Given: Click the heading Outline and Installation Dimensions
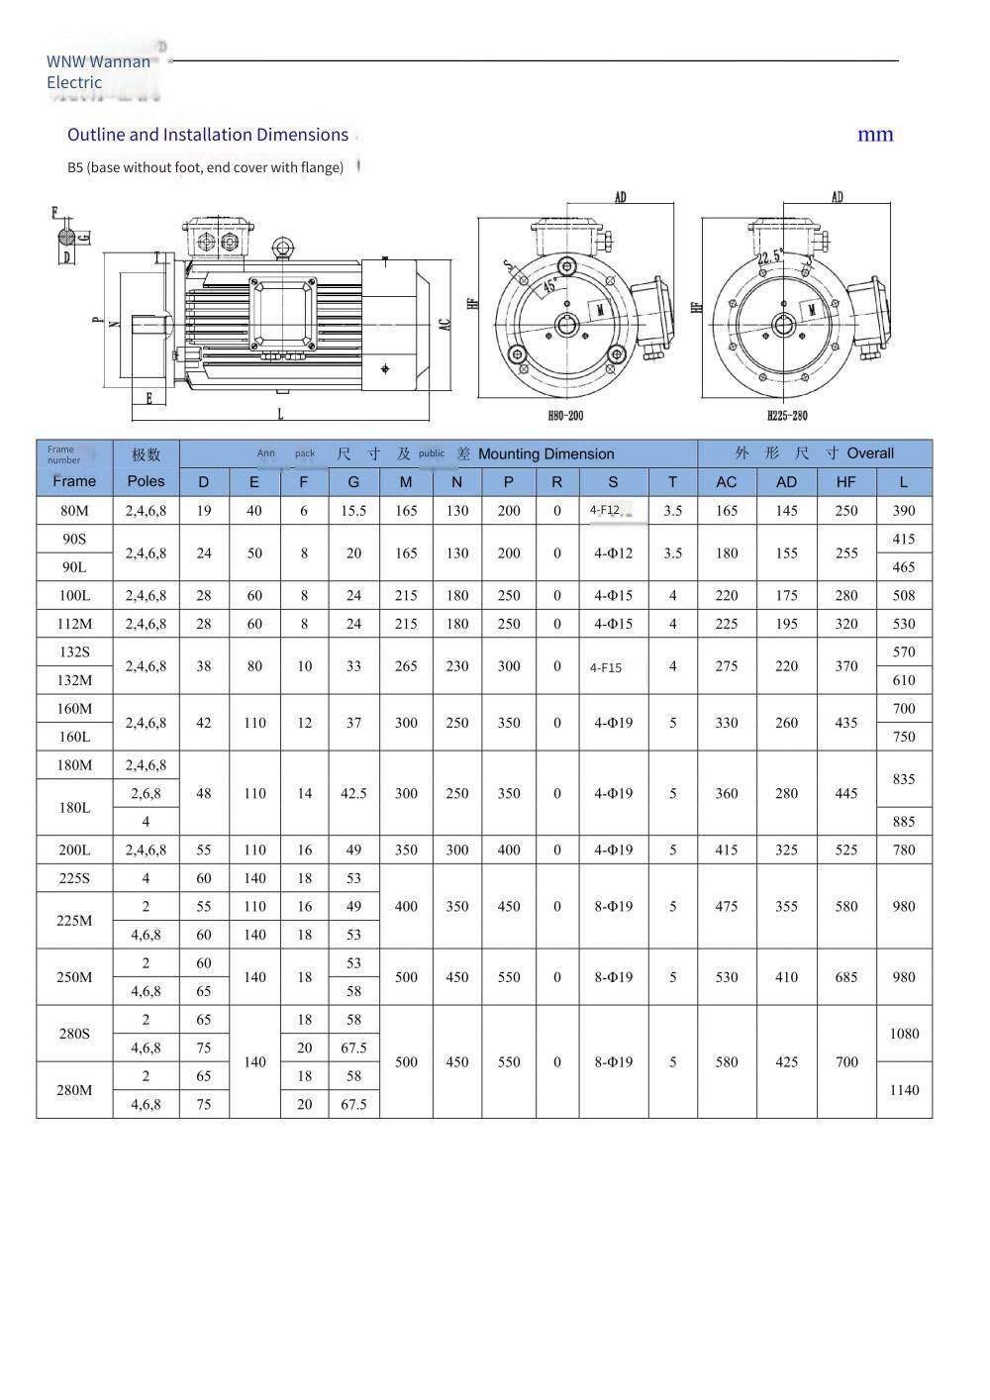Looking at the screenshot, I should (208, 135).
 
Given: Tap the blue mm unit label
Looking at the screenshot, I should (875, 135).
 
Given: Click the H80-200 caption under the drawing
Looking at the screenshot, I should (565, 416).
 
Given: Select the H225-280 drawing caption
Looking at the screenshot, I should (787, 416).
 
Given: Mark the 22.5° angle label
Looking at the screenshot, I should (769, 259).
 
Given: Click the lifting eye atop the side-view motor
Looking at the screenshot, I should (283, 247).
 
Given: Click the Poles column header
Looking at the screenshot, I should (147, 481).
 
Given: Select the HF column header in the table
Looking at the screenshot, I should (846, 482).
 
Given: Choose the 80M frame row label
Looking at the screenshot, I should (74, 511).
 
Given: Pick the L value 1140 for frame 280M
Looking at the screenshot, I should (904, 1090).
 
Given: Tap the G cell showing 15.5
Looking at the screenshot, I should (353, 511).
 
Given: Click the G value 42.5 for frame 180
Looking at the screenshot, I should (353, 793).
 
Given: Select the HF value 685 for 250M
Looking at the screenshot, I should (846, 977).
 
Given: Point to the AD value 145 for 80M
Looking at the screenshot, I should (787, 511).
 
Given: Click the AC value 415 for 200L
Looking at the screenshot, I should (727, 850).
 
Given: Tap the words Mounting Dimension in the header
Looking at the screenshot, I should (545, 454).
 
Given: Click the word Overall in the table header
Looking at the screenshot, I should (870, 453).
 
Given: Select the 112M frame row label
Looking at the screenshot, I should (74, 624).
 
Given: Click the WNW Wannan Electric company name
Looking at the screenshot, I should (98, 71).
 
